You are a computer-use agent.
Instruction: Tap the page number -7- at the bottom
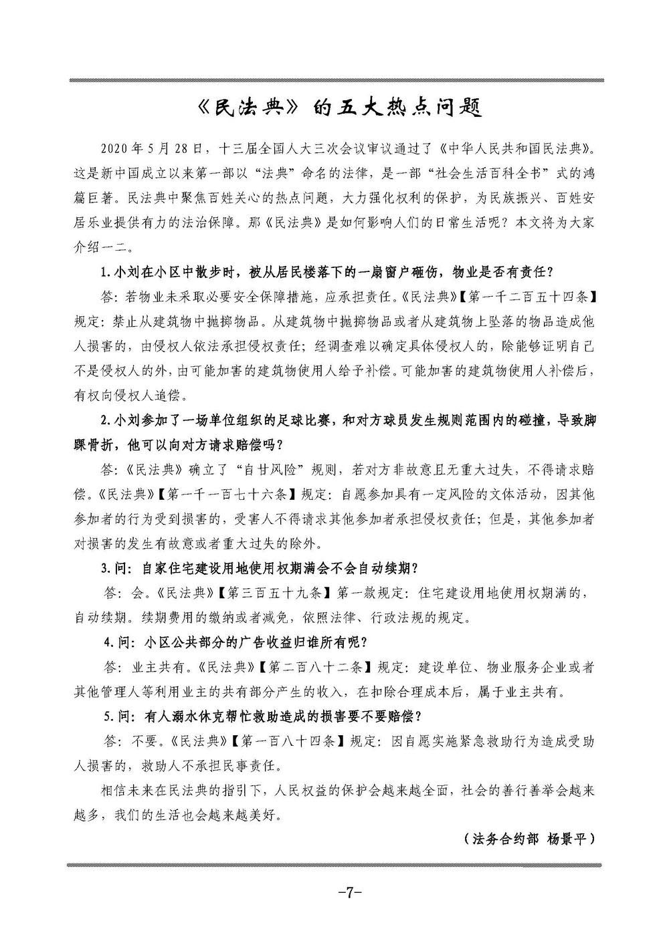(x=349, y=891)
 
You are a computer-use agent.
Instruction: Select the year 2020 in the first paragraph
(x=112, y=147)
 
